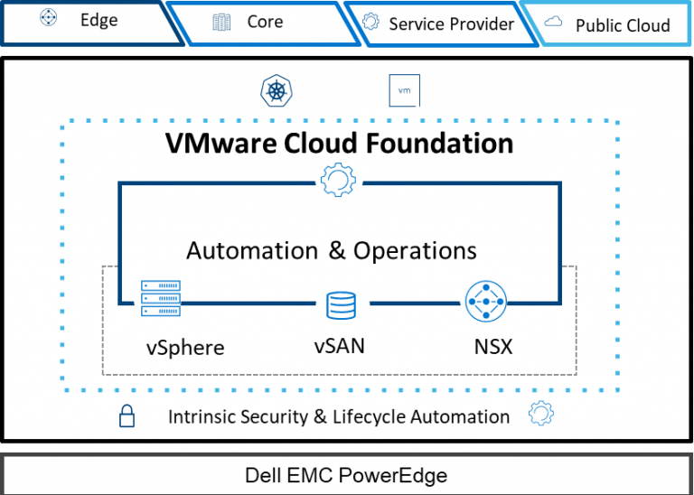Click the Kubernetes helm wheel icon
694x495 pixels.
(x=275, y=91)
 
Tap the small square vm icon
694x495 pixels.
(x=403, y=91)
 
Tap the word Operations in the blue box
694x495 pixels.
(x=416, y=250)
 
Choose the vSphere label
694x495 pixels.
(x=184, y=347)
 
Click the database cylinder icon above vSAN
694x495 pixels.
(x=341, y=305)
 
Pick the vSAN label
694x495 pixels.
(x=340, y=345)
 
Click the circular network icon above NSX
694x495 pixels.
(x=486, y=303)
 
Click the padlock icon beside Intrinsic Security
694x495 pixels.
(x=127, y=416)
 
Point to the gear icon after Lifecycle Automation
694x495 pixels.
(x=540, y=415)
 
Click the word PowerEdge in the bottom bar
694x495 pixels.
(x=397, y=475)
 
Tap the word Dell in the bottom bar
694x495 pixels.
(x=262, y=475)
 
